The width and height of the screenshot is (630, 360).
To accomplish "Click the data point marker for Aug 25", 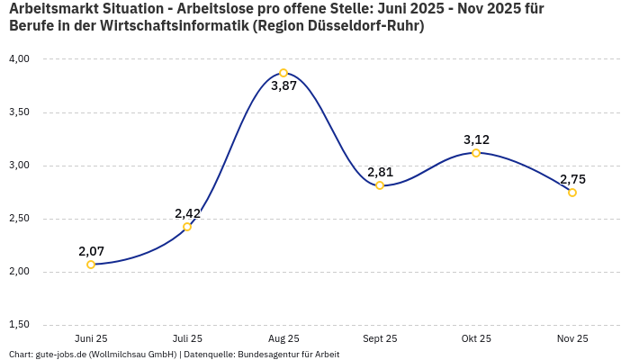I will [283, 73].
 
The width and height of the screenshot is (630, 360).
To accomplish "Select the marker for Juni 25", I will [91, 265].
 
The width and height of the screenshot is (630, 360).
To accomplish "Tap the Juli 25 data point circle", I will [187, 227].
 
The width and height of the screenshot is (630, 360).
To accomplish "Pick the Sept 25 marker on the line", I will [380, 185].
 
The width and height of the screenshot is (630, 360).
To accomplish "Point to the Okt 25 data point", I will [476, 153].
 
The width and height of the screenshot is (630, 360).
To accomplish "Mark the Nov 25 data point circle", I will [572, 193].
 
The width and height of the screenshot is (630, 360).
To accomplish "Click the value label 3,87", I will [283, 86].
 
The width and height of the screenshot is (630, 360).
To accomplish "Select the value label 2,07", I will [91, 251].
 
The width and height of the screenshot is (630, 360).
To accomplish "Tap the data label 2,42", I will [187, 213].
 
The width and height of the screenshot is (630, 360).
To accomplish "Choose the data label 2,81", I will [380, 172].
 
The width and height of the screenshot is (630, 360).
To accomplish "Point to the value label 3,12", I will [476, 139].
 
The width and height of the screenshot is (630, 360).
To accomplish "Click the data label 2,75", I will [572, 179].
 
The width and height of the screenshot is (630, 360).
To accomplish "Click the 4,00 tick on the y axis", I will [19, 58].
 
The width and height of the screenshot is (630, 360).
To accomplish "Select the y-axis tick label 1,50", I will [19, 324].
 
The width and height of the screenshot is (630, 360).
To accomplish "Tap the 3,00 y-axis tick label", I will [19, 165].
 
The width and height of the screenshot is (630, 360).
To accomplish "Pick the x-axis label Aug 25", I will [283, 338].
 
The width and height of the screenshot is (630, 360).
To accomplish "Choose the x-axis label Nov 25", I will [572, 338].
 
